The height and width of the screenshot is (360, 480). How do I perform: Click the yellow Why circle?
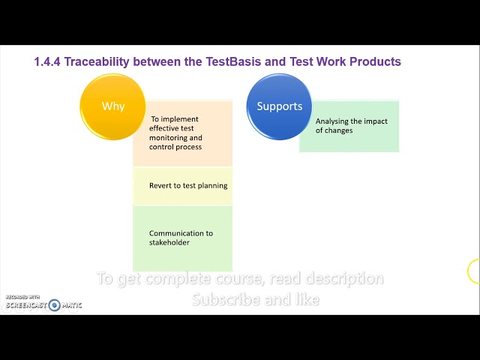click(x=112, y=106)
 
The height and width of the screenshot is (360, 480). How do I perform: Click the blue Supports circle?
click(x=279, y=106)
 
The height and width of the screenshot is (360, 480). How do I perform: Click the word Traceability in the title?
click(x=102, y=61)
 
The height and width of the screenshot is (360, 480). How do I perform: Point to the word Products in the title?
click(x=373, y=61)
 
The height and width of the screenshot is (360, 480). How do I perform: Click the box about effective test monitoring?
click(x=183, y=133)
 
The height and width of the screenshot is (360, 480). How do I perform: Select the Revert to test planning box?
click(x=183, y=186)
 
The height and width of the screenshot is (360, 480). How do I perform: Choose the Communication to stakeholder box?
click(x=183, y=238)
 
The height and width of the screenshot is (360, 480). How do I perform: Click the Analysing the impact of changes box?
click(x=349, y=126)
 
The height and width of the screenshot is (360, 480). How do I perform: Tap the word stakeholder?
click(x=169, y=242)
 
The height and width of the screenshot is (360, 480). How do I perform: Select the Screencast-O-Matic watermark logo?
click(x=43, y=304)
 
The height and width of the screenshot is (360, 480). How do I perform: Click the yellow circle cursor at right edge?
click(x=474, y=271)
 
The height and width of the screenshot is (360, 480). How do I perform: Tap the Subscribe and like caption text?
click(x=255, y=299)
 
